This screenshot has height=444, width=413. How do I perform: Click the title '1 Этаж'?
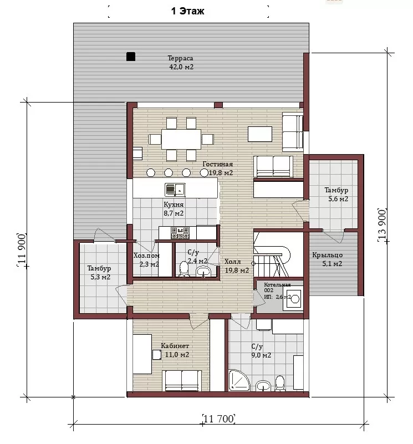pyautogui.click(x=187, y=11)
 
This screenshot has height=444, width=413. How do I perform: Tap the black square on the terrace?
pyautogui.click(x=131, y=57)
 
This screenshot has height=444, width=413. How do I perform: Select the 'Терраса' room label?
pyautogui.click(x=180, y=58)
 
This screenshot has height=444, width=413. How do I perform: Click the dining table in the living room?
pyautogui.click(x=181, y=139)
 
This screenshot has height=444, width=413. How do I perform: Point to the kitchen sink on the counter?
pyautogui.click(x=175, y=190)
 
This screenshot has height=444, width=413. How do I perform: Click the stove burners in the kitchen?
pyautogui.click(x=180, y=233)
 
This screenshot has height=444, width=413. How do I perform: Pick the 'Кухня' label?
pyautogui.click(x=174, y=204)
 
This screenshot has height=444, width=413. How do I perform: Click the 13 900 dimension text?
pyautogui.click(x=382, y=225)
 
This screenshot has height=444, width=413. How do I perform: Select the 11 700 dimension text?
pyautogui.click(x=218, y=419)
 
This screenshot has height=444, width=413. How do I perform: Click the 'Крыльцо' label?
pyautogui.click(x=328, y=255)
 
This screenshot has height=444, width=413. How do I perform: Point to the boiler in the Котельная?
pyautogui.click(x=293, y=298)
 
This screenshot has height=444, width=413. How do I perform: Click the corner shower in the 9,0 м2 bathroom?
pyautogui.click(x=238, y=380)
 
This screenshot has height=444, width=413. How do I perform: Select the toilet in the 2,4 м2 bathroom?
pyautogui.click(x=184, y=269)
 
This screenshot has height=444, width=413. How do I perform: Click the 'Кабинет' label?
pyautogui.click(x=175, y=346)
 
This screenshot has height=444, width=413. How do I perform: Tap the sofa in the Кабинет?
pyautogui.click(x=182, y=380)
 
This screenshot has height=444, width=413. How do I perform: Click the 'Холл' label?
pyautogui.click(x=233, y=262)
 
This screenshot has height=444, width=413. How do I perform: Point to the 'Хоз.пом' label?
pyautogui.click(x=146, y=256)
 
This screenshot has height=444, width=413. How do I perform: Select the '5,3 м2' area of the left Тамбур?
pyautogui.click(x=100, y=277)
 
